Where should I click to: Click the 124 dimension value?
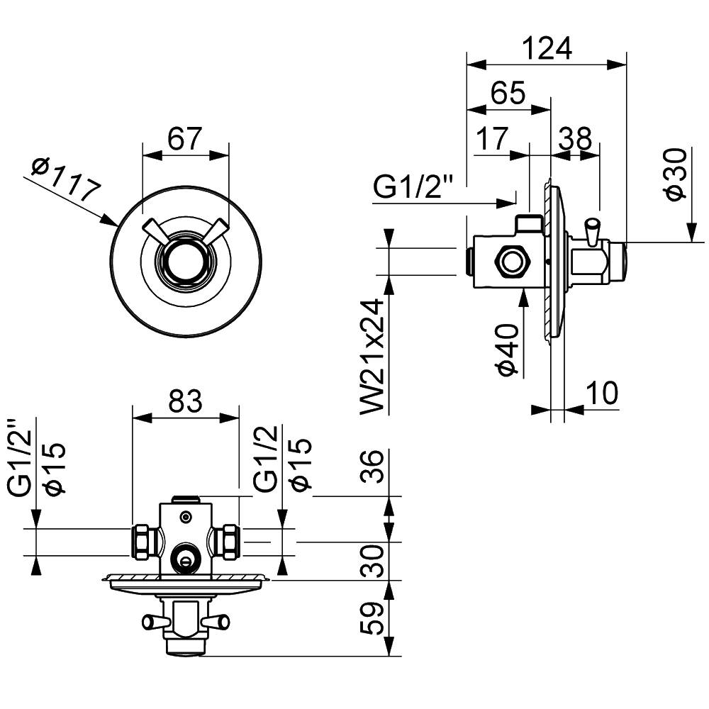[546, 48]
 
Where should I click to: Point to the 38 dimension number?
[575, 139]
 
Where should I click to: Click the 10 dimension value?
[602, 392]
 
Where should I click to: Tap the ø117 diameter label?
[65, 180]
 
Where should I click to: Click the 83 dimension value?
[185, 401]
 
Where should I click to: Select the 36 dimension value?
[376, 467]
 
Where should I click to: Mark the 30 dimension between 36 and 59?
[376, 561]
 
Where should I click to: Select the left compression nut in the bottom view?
[144, 542]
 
